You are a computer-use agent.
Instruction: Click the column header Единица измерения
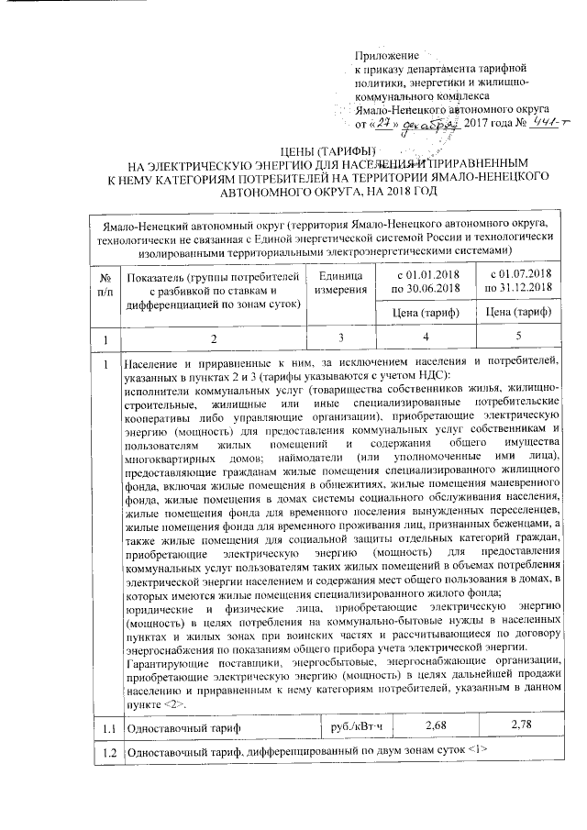click(x=344, y=282)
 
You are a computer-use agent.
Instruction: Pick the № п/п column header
click(x=108, y=282)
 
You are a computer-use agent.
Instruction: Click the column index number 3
click(x=344, y=339)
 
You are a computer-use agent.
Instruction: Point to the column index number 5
click(x=520, y=339)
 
